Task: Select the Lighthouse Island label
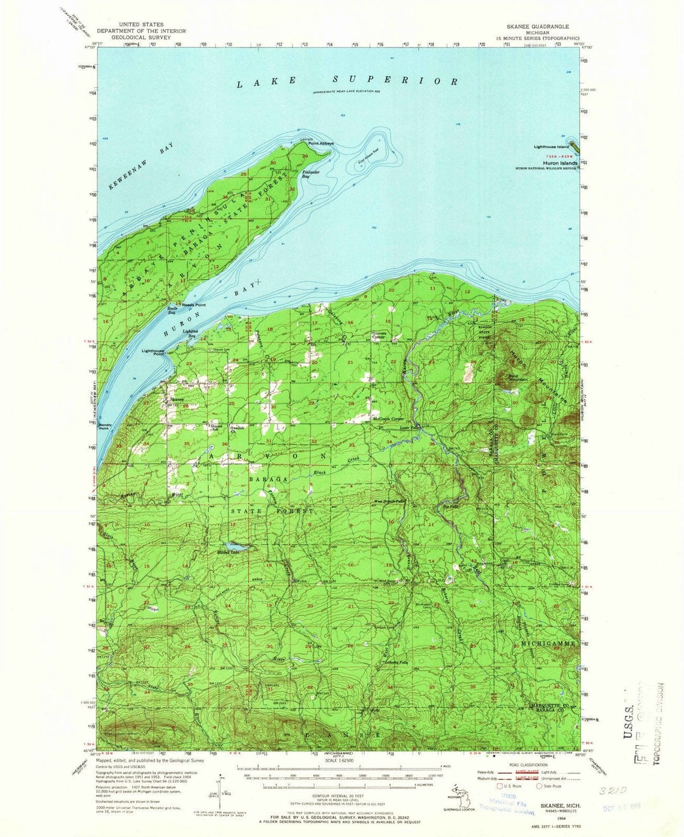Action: [551, 147]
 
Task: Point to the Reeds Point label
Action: [194, 305]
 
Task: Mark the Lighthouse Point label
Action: [153, 352]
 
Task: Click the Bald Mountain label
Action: [518, 378]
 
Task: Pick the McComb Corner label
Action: [388, 419]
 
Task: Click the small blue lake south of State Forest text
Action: [231, 546]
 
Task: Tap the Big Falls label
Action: [450, 506]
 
